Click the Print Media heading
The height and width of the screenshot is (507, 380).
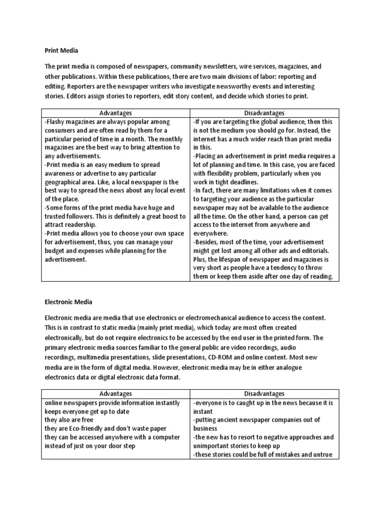pos(61,51)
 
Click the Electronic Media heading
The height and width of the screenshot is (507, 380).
pos(68,301)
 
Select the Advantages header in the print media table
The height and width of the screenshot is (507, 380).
pos(116,113)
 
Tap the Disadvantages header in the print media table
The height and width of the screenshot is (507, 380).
pos(265,113)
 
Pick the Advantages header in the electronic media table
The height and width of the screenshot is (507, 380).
pos(116,394)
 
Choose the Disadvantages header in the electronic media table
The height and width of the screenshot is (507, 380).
pos(265,394)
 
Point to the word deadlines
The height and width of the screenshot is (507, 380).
pos(241,182)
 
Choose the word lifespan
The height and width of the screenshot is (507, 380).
pos(234,259)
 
